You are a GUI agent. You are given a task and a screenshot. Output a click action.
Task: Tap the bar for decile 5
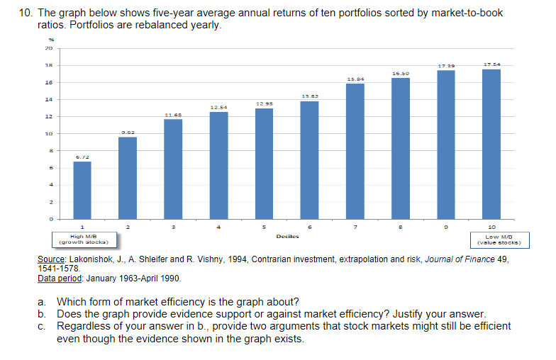(264, 164)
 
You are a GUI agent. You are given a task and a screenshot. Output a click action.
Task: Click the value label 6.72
(82, 157)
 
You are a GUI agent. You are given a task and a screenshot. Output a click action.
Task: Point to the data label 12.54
(218, 107)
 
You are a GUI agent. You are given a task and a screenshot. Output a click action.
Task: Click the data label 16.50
(400, 73)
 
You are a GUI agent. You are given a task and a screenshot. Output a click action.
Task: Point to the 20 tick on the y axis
(50, 48)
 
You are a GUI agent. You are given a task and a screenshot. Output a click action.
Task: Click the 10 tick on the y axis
(50, 133)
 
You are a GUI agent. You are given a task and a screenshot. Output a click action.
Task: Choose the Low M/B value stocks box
(492, 240)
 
